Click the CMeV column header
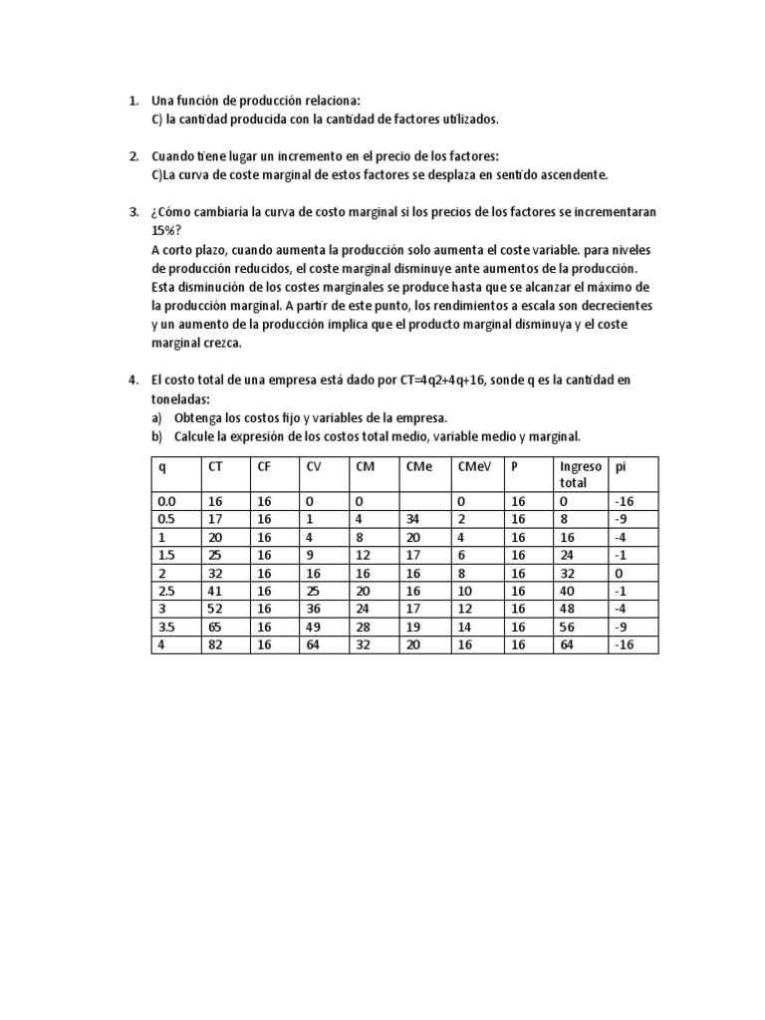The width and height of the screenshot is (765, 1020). [474, 465]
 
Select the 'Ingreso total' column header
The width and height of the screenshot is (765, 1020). [581, 473]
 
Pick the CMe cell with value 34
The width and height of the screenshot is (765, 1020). [413, 518]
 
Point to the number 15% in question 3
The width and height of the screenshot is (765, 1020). [164, 229]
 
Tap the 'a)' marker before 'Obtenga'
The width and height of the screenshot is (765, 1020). [156, 417]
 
